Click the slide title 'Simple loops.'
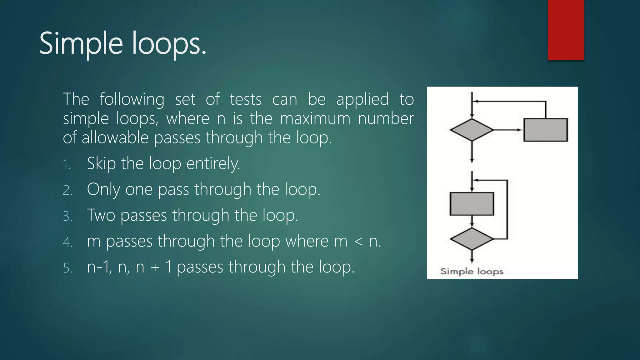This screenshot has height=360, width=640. tap(123, 44)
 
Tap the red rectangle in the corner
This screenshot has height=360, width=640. tap(566, 30)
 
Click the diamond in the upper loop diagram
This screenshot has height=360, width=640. tap(472, 130)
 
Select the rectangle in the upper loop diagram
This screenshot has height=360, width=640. tap(545, 130)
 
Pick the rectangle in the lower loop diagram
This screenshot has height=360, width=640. tap(472, 204)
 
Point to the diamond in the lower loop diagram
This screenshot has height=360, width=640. tap(472, 239)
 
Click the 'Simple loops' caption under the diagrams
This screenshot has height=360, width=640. tap(472, 271)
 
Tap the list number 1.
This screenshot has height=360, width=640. tap(66, 164)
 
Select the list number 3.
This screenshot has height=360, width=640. tap(67, 216)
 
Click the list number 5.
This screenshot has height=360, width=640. tap(67, 268)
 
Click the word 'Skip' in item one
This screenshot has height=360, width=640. tap(101, 164)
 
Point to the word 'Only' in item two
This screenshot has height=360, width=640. tap(103, 190)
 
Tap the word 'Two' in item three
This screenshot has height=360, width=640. tap(101, 215)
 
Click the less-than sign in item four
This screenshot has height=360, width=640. tap(358, 242)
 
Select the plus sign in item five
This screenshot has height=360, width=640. tap(155, 268)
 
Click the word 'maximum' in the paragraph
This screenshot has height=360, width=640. tap(315, 119)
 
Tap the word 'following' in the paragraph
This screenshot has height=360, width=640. tap(132, 100)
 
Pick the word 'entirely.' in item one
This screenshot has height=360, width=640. tap(213, 164)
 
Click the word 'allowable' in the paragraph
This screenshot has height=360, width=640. tap(115, 138)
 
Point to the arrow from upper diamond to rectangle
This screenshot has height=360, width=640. tap(508, 130)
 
